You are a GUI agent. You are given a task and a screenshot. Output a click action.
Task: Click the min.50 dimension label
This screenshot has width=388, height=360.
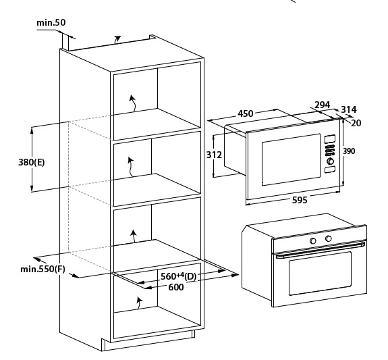tap(51, 22)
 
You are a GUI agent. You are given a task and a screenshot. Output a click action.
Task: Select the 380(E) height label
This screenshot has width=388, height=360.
tap(32, 162)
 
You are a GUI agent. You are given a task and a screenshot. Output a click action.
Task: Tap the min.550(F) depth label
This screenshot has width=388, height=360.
tap(43, 269)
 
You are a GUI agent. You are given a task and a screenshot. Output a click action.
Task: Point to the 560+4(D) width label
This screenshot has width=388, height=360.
tap(178, 276)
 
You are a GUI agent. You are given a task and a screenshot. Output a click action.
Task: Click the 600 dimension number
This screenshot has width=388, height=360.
tap(176, 287)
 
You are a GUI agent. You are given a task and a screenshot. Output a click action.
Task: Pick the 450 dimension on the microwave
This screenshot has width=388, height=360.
tap(246, 113)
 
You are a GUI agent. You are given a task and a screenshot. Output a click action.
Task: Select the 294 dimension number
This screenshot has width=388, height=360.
tap(322, 105)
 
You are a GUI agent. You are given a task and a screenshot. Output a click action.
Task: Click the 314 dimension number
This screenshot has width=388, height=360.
tap(349, 109)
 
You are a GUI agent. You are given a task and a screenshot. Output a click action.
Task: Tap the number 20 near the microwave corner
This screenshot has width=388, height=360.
tap(356, 123)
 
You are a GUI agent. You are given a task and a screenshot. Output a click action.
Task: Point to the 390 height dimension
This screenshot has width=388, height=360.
tap(349, 151)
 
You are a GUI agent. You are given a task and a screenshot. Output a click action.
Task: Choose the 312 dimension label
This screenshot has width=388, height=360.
tap(215, 155)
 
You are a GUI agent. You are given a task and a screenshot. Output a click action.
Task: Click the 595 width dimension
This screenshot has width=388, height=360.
tap(300, 200)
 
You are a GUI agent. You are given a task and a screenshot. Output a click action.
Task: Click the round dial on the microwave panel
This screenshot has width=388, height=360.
tap(330, 161)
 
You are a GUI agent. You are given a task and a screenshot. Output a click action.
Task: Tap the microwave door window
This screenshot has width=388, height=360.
tap(291, 159)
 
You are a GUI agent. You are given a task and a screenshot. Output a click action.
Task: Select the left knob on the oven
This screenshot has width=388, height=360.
tap(313, 240)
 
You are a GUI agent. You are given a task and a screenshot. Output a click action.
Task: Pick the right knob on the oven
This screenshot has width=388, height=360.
tap(329, 238)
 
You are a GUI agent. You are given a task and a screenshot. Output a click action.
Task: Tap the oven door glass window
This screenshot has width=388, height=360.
tap(321, 274)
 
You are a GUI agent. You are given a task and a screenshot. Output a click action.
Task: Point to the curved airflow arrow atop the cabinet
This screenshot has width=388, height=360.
tap(117, 39)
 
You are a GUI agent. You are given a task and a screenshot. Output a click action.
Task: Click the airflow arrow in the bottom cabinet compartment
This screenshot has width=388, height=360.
tap(139, 303)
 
